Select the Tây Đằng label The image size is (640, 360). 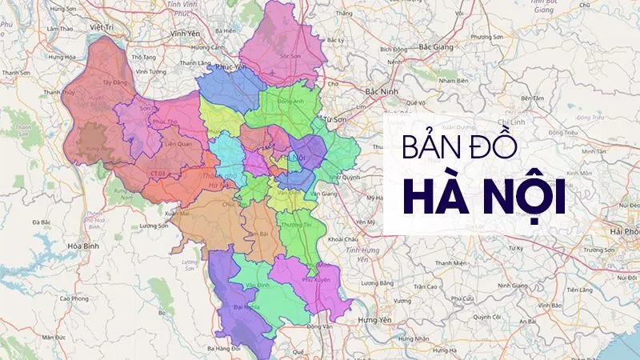click(116, 82)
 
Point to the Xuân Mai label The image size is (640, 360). click(177, 214)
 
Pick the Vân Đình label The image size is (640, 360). click(258, 286)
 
